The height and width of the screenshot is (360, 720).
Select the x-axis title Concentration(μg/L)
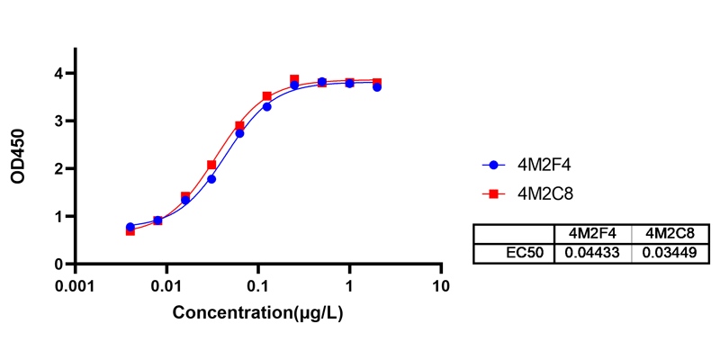[x=258, y=313]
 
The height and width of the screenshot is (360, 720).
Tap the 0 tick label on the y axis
[x=57, y=264]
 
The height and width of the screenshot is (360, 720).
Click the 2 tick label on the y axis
[x=57, y=168]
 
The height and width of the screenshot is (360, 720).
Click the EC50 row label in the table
[x=525, y=253]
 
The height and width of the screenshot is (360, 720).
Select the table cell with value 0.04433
[x=593, y=253]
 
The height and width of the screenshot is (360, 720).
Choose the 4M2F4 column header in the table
[x=593, y=234]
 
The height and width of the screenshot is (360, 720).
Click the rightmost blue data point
[x=377, y=87]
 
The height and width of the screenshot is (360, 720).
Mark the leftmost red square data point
[x=130, y=230]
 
